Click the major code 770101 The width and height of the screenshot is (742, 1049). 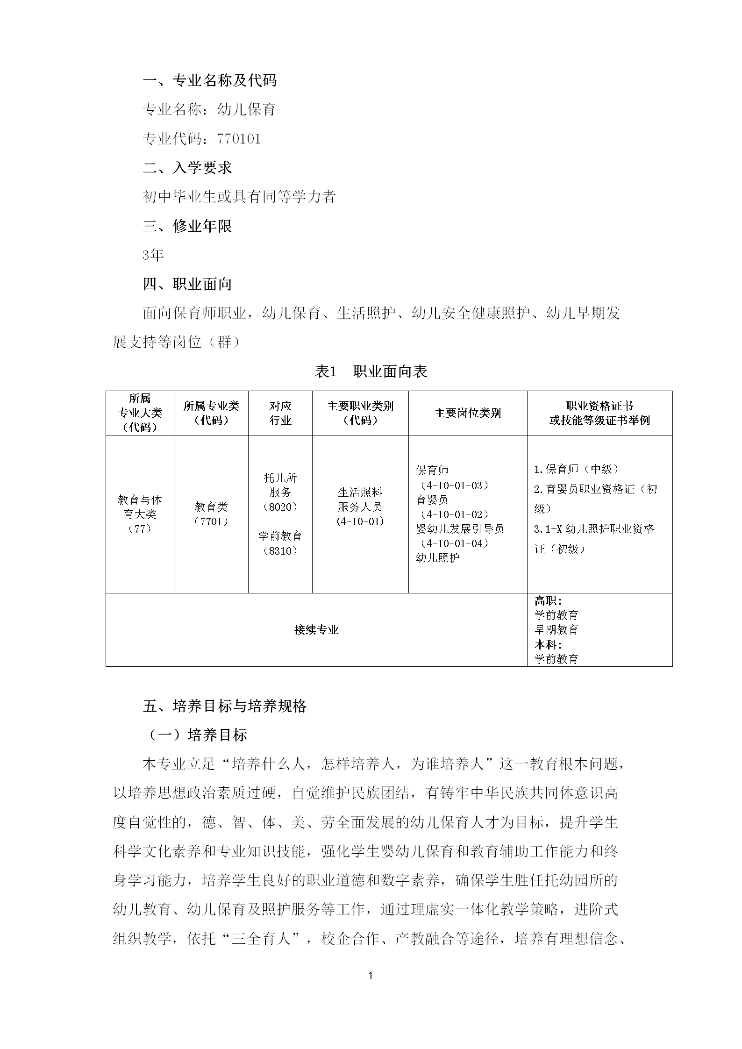coord(239,139)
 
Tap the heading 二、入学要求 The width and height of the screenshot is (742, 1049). coord(187,168)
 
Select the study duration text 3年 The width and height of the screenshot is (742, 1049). coord(153,255)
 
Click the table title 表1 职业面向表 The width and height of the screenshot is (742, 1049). coord(371,371)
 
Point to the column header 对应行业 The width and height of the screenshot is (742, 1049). coord(280,413)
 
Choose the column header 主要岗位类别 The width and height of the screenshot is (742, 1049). coord(467,413)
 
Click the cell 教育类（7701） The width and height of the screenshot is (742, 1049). coord(211,514)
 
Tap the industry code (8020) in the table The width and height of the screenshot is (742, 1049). coord(280,507)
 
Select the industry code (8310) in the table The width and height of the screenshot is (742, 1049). coord(280,550)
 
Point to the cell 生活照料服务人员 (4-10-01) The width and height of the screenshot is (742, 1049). coord(360,507)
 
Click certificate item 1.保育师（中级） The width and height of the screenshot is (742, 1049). coord(578,469)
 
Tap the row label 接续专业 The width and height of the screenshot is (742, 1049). coord(316,630)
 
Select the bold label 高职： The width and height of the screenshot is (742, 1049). coord(548,601)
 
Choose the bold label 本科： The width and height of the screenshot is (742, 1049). coord(548,644)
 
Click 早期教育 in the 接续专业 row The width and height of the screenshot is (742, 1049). coord(556,630)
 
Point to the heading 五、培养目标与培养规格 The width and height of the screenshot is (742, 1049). coord(225,706)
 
